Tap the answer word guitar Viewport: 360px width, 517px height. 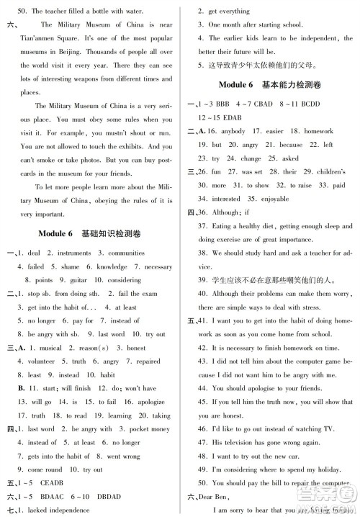[77, 280]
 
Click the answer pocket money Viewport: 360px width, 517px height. [154, 429]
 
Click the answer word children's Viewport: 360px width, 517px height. [333, 171]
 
